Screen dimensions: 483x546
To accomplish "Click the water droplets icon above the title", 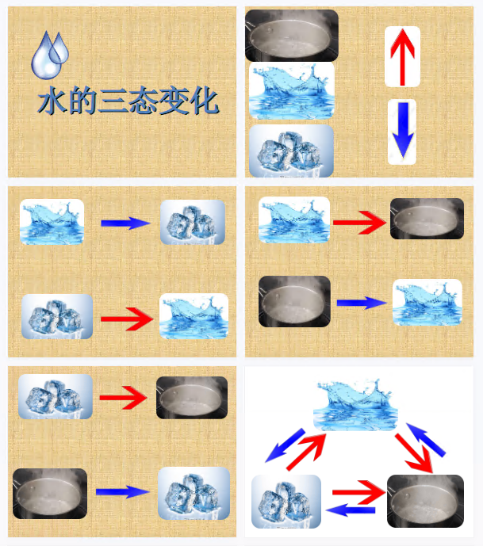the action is pos(50,55).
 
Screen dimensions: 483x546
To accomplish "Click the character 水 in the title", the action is pos(52,101).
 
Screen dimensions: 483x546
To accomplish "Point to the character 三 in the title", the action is pos(112,101).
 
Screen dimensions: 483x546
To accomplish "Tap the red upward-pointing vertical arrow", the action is pos(402,57).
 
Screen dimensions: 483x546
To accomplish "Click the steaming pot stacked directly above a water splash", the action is pos(292,36).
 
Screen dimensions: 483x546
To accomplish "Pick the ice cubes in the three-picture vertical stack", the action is pos(291,151).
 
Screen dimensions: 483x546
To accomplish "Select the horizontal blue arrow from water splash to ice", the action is pos(125,223).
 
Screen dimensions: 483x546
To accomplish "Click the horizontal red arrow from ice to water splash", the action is pos(127,319).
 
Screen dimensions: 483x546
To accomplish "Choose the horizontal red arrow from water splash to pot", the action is pos(359,222).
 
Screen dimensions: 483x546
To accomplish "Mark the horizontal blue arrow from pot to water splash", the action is pos(362,303).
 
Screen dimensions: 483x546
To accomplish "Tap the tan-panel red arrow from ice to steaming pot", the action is pos(123,397).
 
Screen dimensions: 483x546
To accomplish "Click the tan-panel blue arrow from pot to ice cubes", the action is pos(123,491).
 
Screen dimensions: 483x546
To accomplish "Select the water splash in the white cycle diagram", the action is pos(355,405).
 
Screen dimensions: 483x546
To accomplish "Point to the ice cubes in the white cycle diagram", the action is pos(286,501).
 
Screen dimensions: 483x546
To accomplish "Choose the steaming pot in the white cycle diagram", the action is pos(425,501).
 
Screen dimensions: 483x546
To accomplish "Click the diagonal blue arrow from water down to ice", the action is pos(285,445).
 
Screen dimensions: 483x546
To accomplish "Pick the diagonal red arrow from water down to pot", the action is pos(414,453).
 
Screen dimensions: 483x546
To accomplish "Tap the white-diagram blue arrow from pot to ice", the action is pos(351,510).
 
